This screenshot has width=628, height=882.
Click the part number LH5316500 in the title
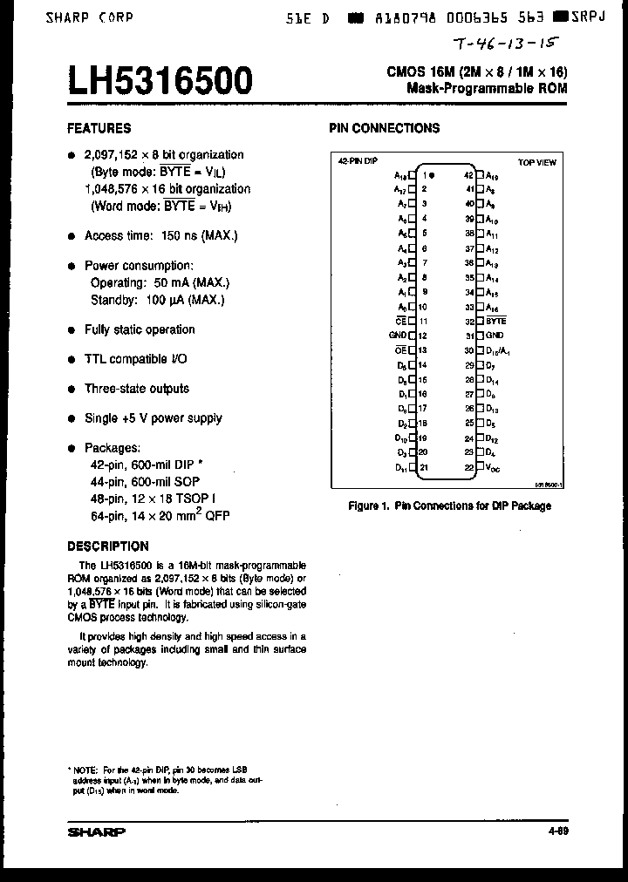(160, 81)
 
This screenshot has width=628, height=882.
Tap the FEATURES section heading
(99, 128)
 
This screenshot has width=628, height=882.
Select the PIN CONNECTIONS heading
(384, 128)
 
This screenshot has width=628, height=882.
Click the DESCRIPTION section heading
(108, 546)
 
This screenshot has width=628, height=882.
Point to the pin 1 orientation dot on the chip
(432, 173)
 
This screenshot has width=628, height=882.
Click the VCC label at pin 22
(494, 468)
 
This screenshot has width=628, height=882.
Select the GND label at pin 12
(397, 336)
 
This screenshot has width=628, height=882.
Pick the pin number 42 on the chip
(469, 173)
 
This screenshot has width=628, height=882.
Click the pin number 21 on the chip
(423, 468)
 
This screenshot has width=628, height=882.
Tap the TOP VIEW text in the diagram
(537, 162)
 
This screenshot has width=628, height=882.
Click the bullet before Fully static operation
(72, 330)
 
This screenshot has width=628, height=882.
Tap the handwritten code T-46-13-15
(507, 44)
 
